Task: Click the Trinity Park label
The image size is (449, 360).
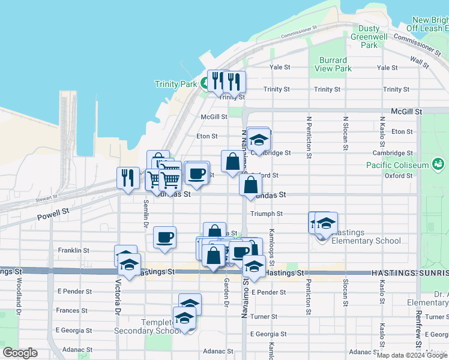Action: pyautogui.click(x=176, y=84)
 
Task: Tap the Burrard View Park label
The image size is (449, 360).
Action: pyautogui.click(x=333, y=64)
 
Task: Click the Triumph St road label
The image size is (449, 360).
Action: pyautogui.click(x=267, y=214)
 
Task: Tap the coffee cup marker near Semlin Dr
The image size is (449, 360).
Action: pyautogui.click(x=164, y=238)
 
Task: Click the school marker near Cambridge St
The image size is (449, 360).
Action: pyautogui.click(x=259, y=140)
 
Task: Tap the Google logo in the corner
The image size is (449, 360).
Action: pyautogui.click(x=20, y=353)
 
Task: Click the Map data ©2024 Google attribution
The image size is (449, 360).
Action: pyautogui.click(x=412, y=355)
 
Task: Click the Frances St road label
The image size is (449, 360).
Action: pyautogui.click(x=72, y=310)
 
